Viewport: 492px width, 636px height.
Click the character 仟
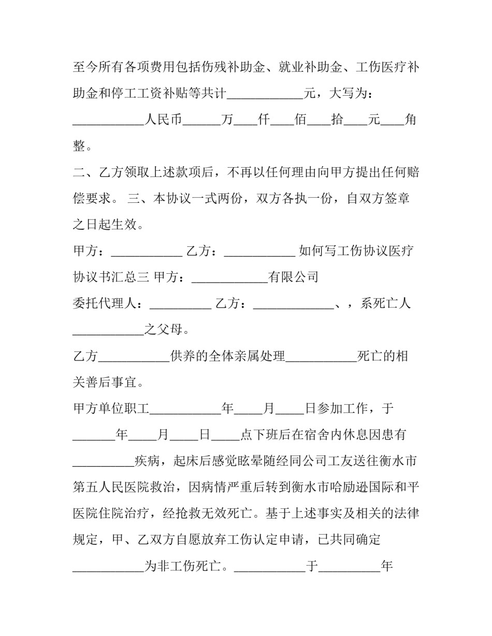point(264,120)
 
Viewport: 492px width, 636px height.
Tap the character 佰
point(300,120)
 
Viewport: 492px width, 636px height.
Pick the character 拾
point(337,120)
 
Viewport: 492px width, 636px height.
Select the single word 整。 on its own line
point(83,146)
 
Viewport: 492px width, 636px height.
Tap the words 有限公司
point(293,278)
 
